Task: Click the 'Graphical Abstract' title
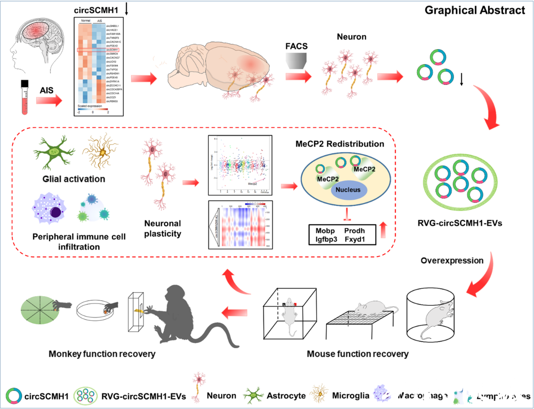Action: tap(474, 10)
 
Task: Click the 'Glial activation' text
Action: tap(69, 179)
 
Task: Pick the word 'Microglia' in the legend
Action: tap(351, 395)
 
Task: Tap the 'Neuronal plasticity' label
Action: tap(162, 229)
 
